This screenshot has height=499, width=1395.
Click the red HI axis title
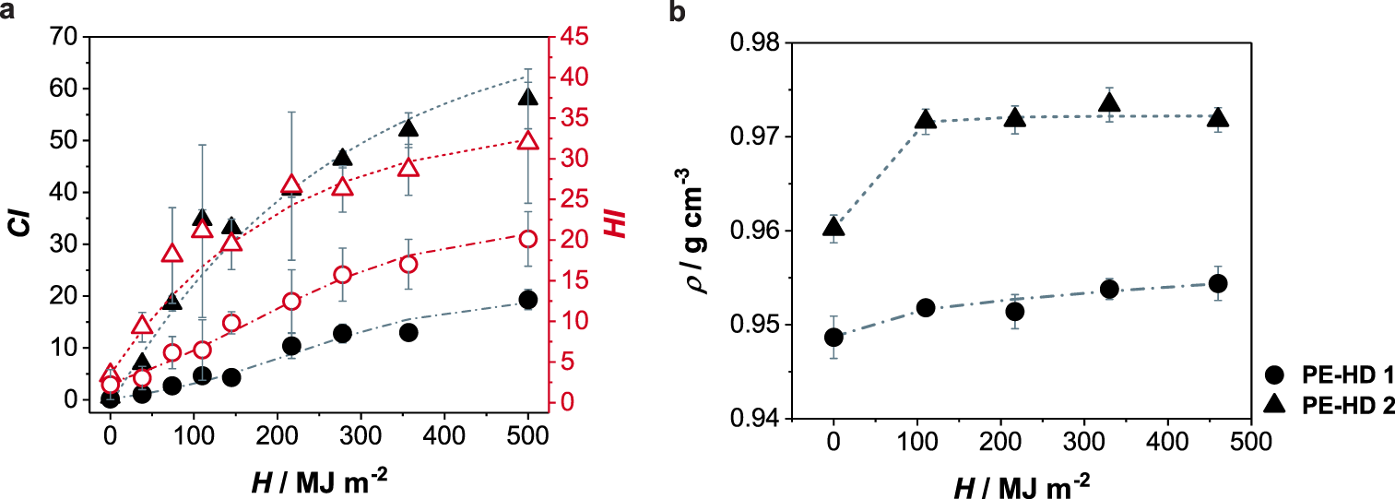click(x=616, y=222)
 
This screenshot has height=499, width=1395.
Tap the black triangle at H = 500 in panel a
click(x=527, y=97)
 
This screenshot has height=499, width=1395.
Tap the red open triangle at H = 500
click(x=527, y=140)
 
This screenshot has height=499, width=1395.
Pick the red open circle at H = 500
click(x=527, y=239)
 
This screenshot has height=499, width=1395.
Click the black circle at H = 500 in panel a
click(x=527, y=300)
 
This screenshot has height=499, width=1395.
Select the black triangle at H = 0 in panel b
click(x=833, y=227)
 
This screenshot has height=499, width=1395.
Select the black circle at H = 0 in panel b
click(x=833, y=338)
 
